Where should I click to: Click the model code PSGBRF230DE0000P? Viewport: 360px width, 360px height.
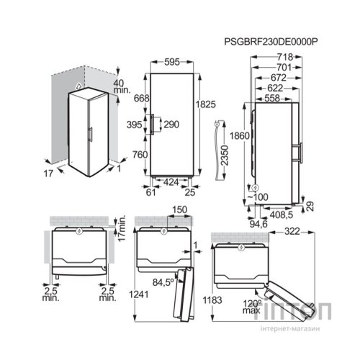pos(271,42)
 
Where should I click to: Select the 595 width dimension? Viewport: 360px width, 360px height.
pos(172,62)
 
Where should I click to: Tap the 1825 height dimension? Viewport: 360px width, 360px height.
pos(205,104)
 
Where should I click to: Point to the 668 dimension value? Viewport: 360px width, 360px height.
pos(141,98)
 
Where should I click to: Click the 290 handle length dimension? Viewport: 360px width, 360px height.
pos(171,125)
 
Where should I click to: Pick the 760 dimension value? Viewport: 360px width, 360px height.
pos(140,155)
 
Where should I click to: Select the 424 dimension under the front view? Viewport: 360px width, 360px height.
pos(171,182)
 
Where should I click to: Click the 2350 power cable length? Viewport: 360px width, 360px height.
pos(225,156)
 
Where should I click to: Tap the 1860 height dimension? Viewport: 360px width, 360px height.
pos(240,136)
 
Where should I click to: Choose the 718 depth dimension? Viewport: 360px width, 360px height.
pos(285,57)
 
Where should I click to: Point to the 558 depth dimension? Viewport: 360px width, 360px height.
pos(272,98)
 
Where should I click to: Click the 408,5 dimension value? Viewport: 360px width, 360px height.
pos(282,215)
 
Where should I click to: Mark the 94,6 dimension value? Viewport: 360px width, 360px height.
pos(258,224)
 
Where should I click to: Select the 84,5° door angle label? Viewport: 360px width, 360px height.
pos(163,282)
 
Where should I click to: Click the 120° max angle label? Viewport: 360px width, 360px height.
pos(252,307)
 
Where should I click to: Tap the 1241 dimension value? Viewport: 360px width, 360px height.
pos(139,294)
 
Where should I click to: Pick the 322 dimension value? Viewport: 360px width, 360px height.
pos(292,232)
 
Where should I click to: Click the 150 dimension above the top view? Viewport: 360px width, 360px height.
pos(179,210)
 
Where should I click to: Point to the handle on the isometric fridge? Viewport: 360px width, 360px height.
pos(91,135)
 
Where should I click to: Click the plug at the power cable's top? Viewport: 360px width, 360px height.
pos(217,124)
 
